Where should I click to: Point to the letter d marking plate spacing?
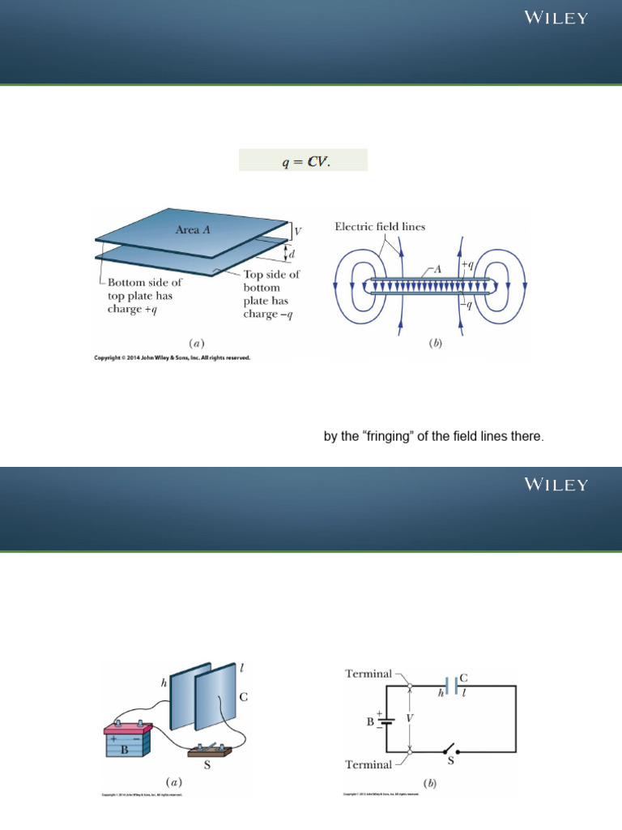(x=293, y=255)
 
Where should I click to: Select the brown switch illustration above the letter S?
(x=208, y=747)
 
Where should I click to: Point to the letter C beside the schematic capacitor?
(x=463, y=676)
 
